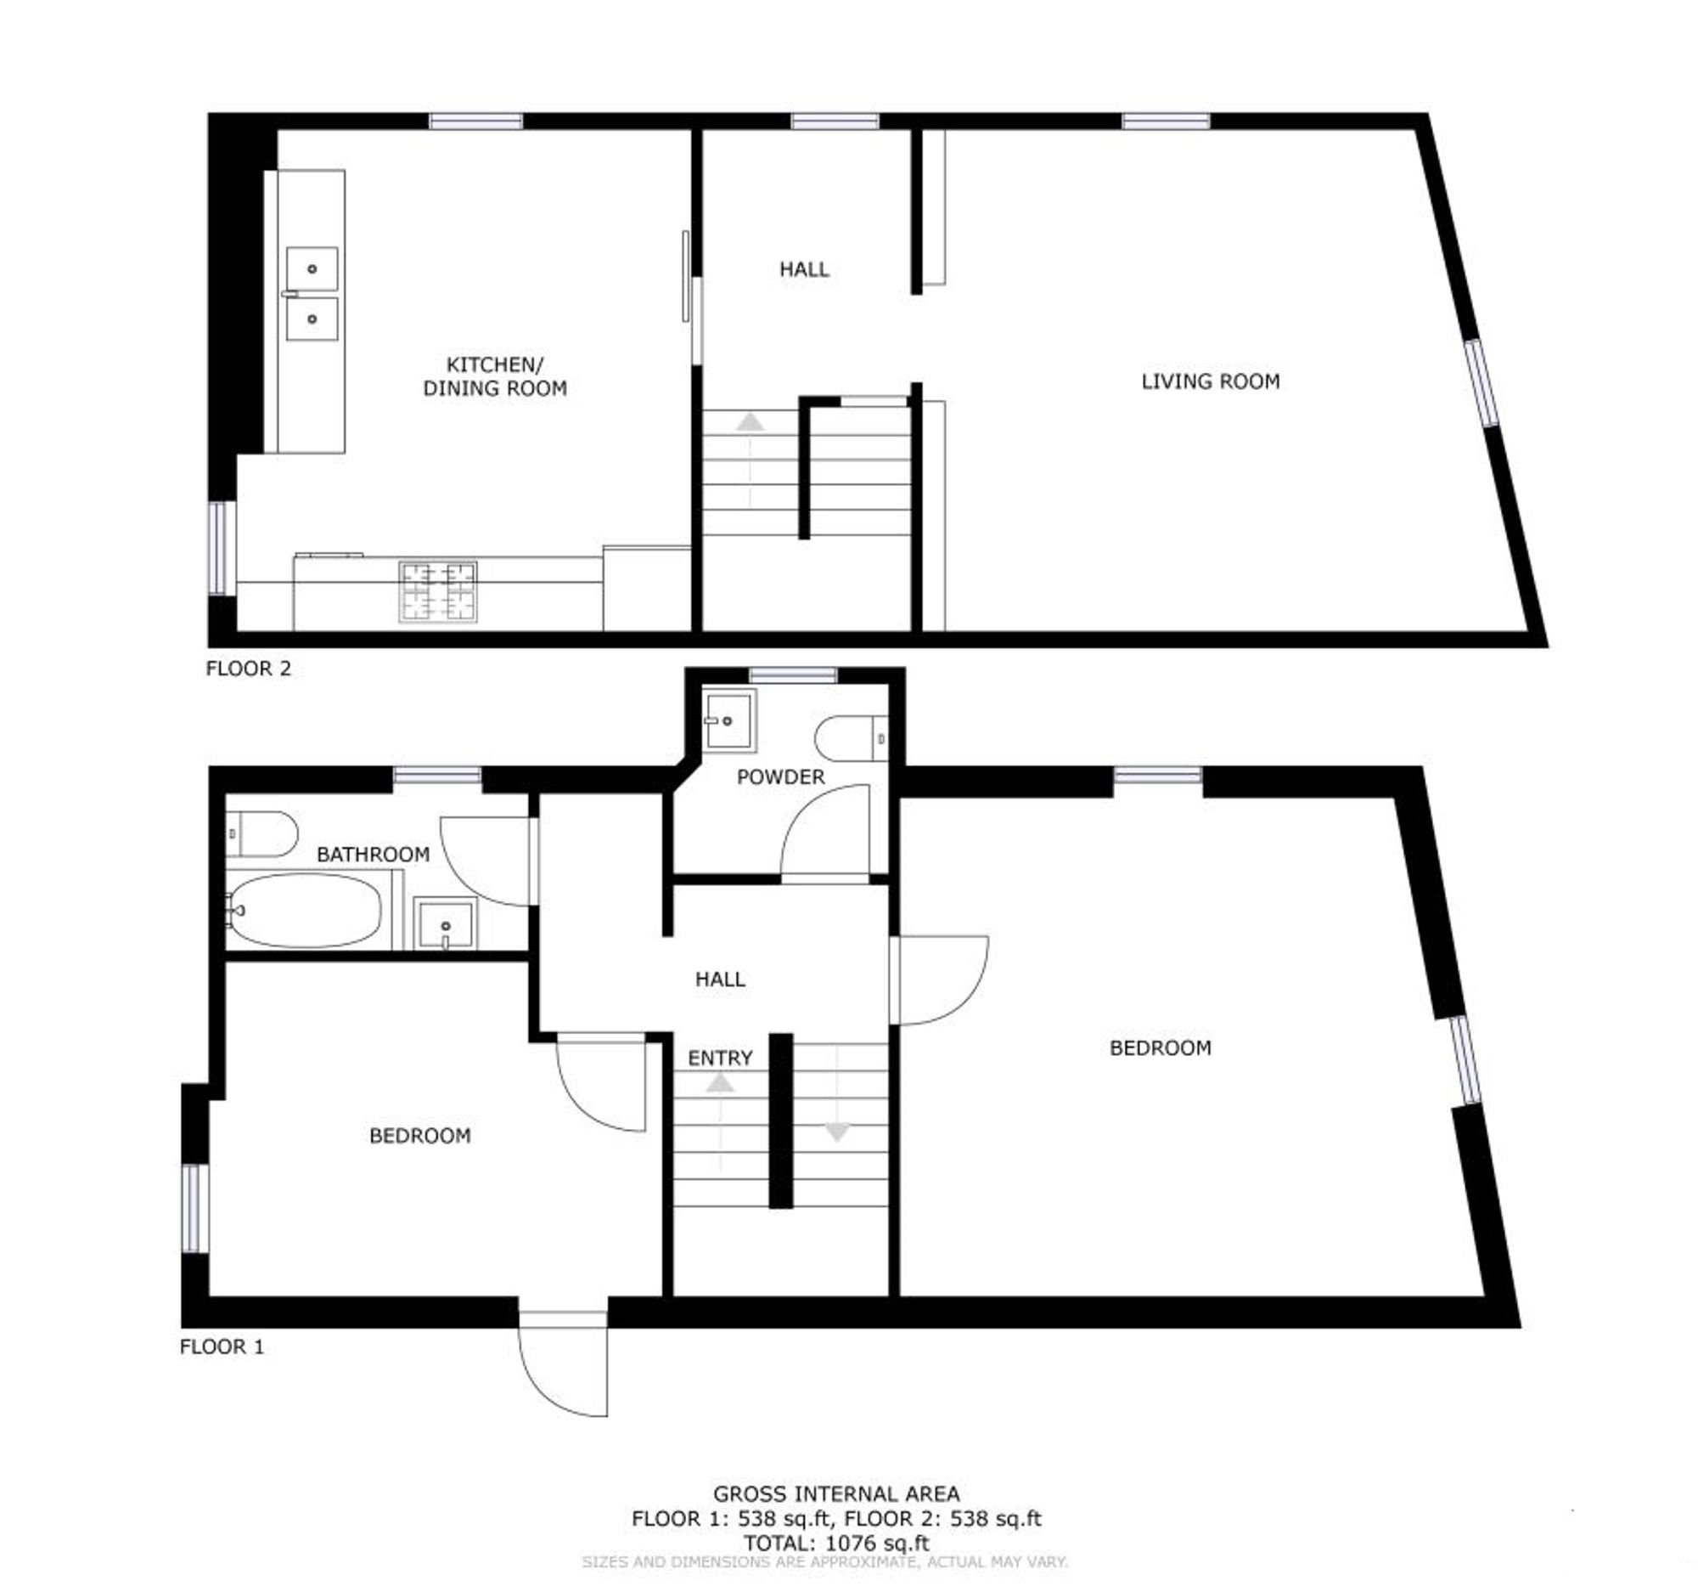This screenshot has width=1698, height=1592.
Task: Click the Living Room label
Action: coord(1211,382)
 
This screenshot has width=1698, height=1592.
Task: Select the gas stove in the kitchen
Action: coord(438,591)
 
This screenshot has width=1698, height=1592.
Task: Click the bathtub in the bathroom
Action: coord(305,910)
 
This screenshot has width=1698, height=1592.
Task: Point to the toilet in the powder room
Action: coord(852,737)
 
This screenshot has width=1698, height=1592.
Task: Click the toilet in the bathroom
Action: coord(261,834)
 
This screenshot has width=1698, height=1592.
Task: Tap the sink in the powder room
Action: coord(728,720)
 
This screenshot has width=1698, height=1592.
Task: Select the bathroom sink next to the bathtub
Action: coord(445,923)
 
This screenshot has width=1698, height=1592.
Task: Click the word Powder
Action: coord(781,776)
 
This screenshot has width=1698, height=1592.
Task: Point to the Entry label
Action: coord(720,1058)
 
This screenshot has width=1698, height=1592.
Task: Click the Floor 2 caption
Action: coord(249,669)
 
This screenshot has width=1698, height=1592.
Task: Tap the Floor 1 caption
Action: coord(222,1346)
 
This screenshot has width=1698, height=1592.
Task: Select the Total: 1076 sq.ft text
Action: coord(836,1544)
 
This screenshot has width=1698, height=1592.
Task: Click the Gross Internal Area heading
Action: coord(836,1493)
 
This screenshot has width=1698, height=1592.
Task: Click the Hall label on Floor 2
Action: coord(804,269)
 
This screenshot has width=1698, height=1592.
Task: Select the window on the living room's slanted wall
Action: coord(1482,383)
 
